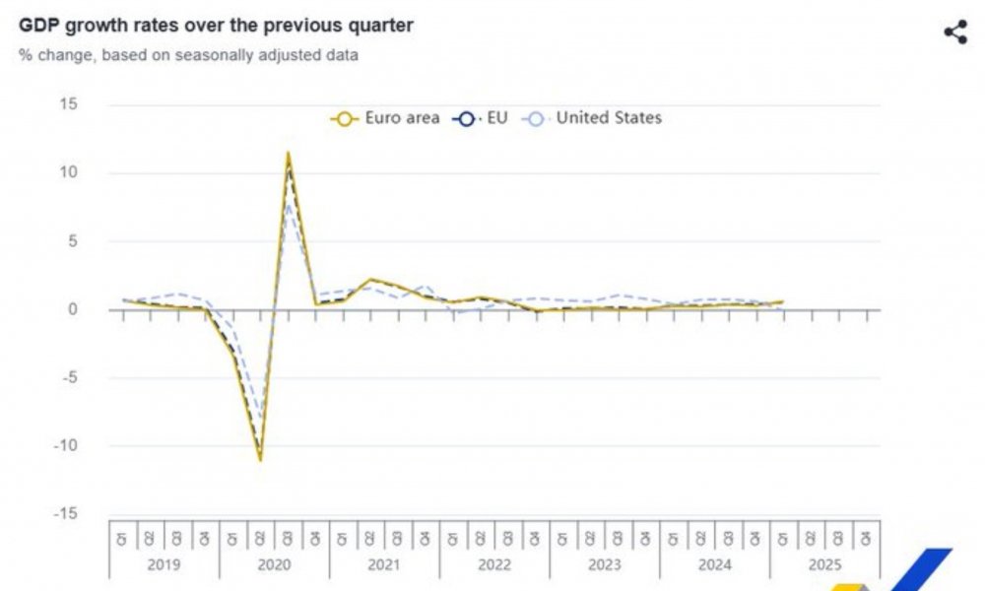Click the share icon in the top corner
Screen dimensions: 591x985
point(954,32)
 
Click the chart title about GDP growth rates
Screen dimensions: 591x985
point(216,26)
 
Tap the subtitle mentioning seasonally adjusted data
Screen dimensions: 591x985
point(188,55)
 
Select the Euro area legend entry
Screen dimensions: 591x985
point(385,118)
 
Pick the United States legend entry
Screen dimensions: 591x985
point(594,118)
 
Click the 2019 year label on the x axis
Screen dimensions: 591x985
point(164,565)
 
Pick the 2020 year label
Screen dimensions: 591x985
point(274,565)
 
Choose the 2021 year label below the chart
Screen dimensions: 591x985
point(384,565)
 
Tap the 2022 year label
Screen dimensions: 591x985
point(494,565)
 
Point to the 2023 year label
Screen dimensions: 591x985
point(605,565)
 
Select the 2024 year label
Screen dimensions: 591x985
point(715,565)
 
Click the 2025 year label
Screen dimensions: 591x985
point(824,565)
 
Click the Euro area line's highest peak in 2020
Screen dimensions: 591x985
point(288,153)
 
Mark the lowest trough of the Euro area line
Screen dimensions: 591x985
point(260,459)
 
